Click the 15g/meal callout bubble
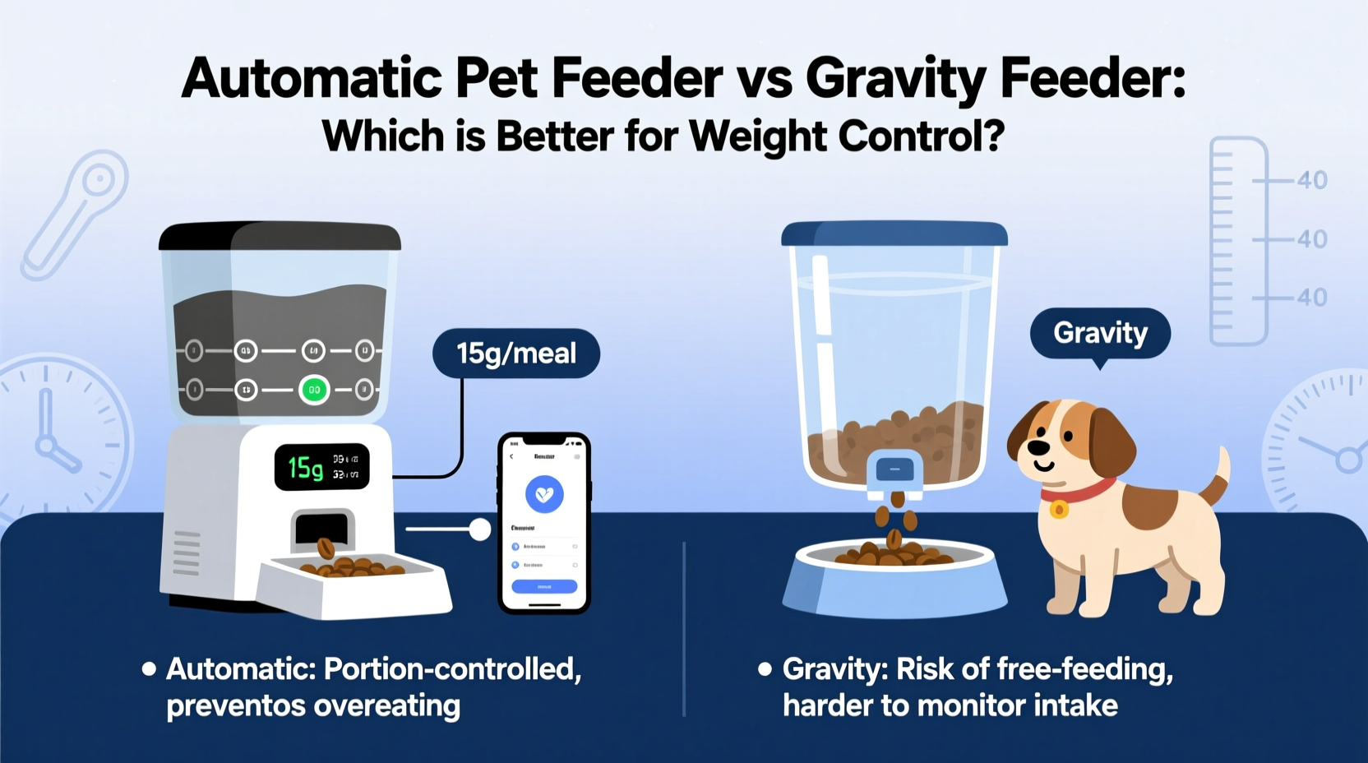(516, 354)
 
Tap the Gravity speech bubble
(1100, 333)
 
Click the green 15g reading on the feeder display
(305, 468)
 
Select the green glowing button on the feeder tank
(313, 390)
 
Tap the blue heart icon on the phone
(544, 495)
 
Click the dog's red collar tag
(1059, 510)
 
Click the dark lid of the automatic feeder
(280, 235)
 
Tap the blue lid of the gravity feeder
(894, 233)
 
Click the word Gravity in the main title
(895, 80)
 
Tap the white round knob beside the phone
(479, 529)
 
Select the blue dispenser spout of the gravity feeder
(895, 474)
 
